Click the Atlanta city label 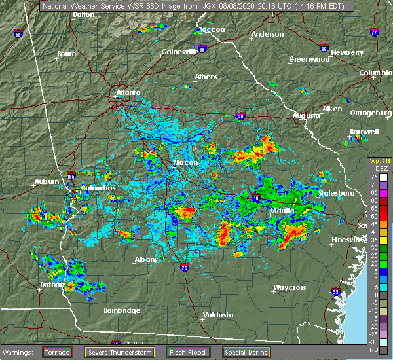click(x=128, y=93)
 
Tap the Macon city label click(x=182, y=163)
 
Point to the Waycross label click(x=290, y=287)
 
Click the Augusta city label click(x=306, y=115)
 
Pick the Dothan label click(x=51, y=285)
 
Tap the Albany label click(x=146, y=259)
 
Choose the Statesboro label click(x=336, y=193)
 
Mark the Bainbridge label click(x=122, y=310)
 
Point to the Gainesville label click(x=179, y=51)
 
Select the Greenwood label click(x=310, y=59)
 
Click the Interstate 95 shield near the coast click(x=336, y=292)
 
